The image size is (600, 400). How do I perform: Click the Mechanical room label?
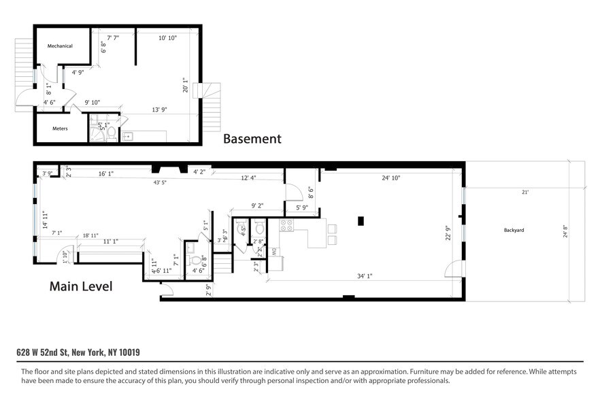coord(60,46)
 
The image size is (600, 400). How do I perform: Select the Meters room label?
coord(60,128)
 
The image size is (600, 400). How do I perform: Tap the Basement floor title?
coord(252,139)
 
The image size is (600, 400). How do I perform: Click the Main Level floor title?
coord(81,286)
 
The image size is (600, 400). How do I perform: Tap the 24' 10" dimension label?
coord(390,178)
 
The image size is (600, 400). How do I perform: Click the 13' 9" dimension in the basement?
coord(159,110)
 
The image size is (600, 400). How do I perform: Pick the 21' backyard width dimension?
coord(524,193)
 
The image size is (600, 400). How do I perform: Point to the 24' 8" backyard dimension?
coord(565,233)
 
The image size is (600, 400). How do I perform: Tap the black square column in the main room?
coord(361,220)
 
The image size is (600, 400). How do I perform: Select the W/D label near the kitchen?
coord(273,251)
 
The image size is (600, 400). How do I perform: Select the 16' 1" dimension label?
coord(105,173)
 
